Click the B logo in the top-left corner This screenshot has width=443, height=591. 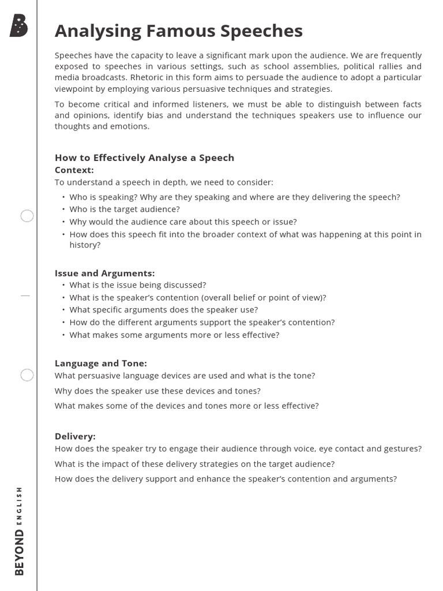19,26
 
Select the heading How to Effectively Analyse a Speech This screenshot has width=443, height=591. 144,158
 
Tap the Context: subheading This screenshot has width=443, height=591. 74,170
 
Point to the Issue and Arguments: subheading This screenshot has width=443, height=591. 104,273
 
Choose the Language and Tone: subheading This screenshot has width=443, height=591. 100,363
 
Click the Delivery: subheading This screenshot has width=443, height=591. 75,436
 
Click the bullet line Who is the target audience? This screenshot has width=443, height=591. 125,209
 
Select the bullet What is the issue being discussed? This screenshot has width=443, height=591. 137,285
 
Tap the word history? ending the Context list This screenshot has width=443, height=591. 85,245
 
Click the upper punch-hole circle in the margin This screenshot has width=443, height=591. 27,216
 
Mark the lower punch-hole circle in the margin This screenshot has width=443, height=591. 27,375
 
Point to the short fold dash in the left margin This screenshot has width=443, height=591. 25,295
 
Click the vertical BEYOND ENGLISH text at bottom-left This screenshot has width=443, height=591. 20,531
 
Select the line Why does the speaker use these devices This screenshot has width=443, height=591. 157,391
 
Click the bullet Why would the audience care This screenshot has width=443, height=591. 183,222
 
